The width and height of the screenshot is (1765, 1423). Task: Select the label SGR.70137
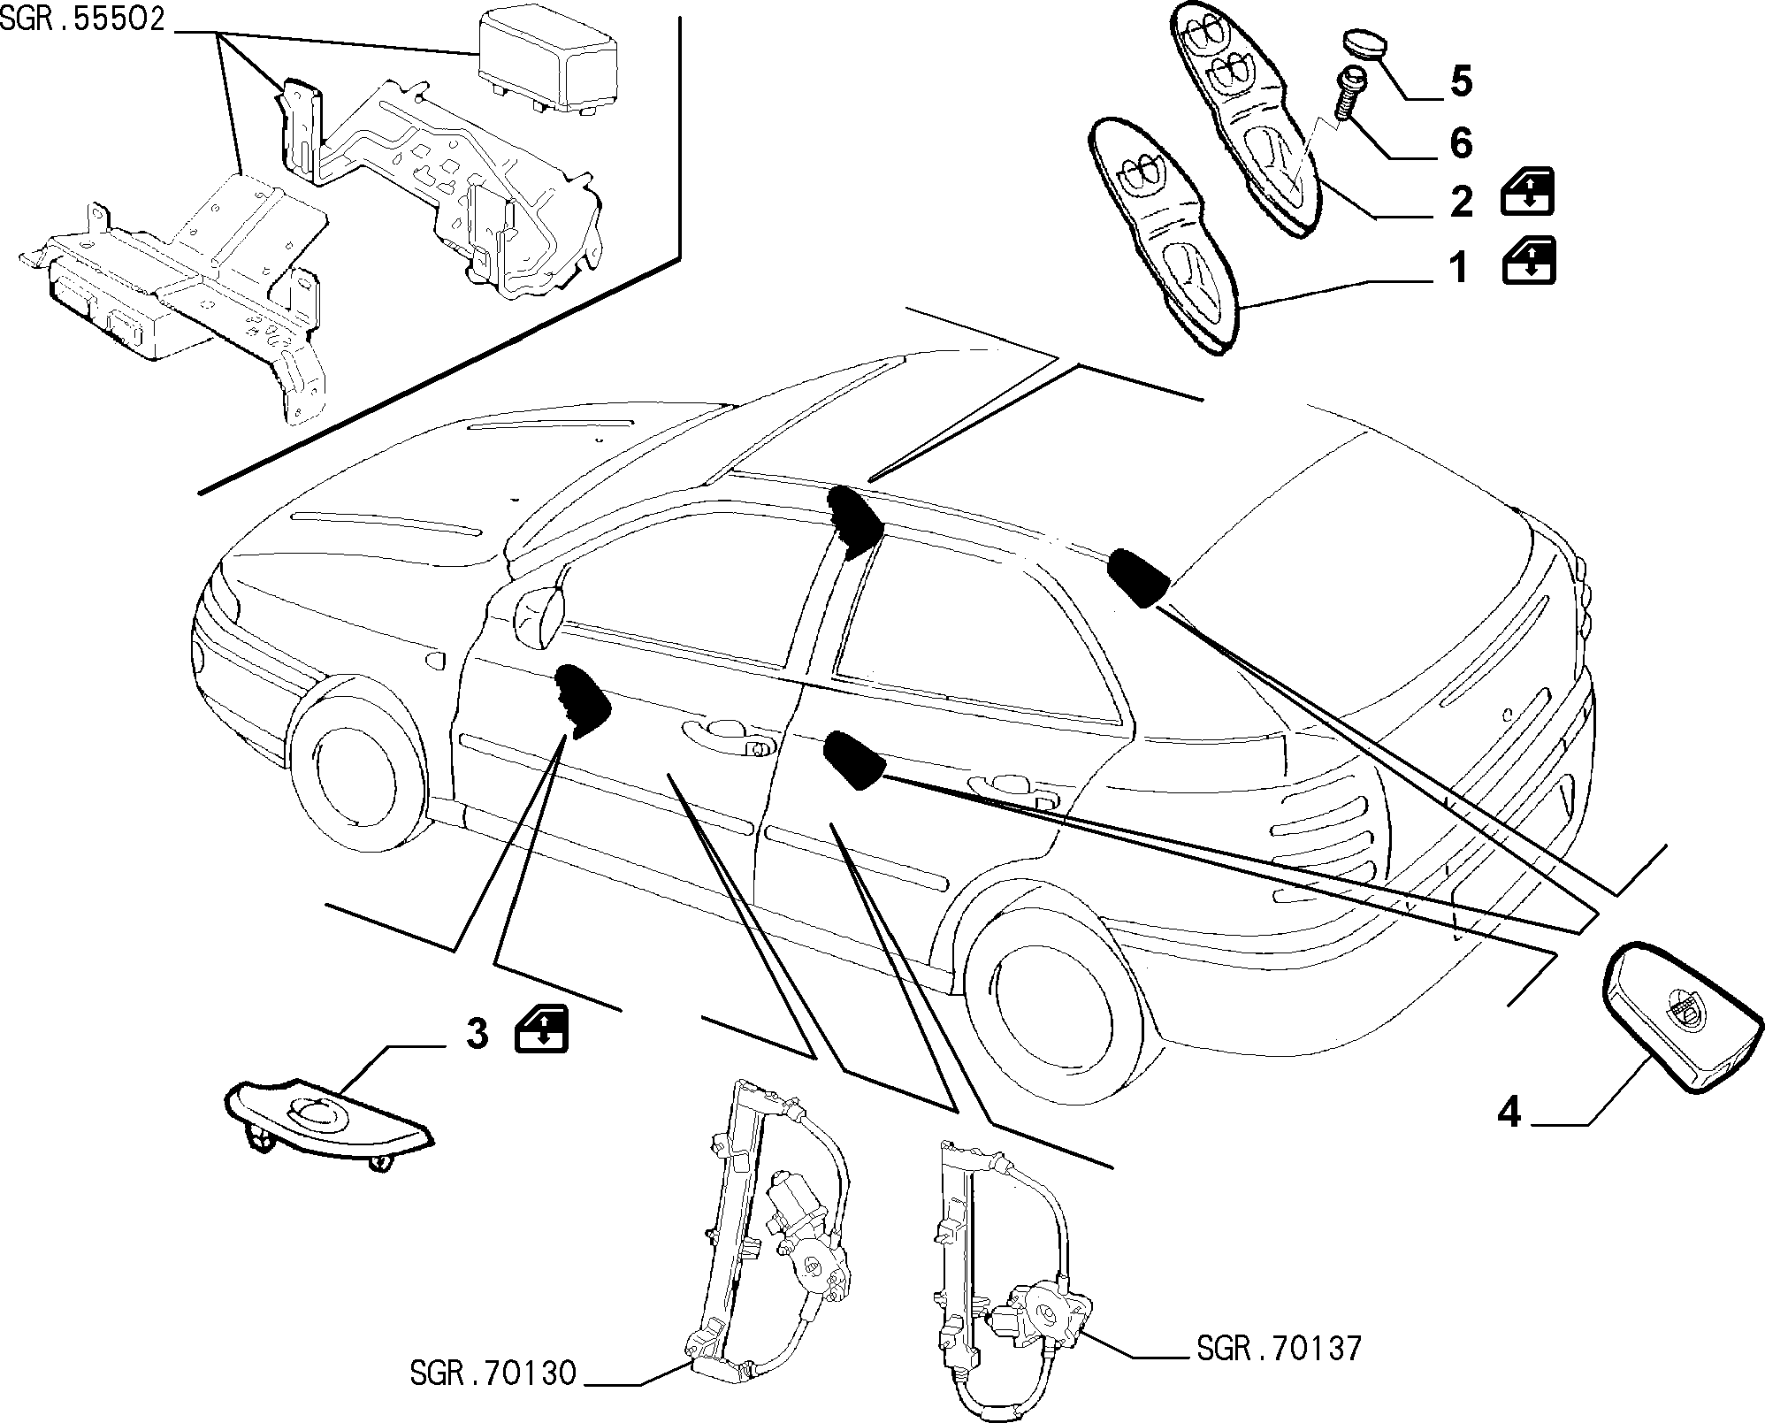coord(1280,1349)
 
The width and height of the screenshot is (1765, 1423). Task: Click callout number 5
coord(1461,82)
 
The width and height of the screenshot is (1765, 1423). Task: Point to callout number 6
coord(1461,143)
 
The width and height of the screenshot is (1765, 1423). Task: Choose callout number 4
coord(1509,1113)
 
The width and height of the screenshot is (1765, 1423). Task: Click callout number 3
coord(478,1033)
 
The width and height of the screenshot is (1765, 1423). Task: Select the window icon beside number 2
coord(1528,192)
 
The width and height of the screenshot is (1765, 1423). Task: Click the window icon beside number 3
coord(541,1029)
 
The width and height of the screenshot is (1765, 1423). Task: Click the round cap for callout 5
coord(1364,42)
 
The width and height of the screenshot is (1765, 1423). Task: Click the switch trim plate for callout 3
coord(329,1123)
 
